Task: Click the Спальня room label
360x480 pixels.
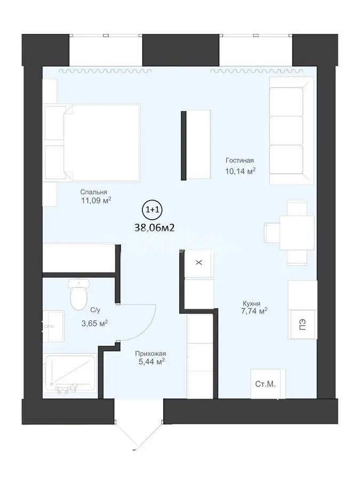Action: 94,192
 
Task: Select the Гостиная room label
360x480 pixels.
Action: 239,161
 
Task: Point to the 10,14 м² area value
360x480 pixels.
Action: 241,171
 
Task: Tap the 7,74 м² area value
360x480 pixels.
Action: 254,311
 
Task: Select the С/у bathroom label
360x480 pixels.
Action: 95,310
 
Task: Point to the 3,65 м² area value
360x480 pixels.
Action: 95,323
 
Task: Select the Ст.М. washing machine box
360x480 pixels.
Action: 268,383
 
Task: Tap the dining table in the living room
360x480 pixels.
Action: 290,233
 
